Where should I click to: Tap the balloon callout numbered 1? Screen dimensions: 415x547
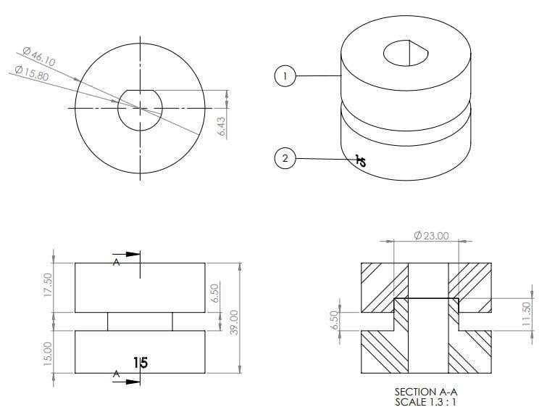(x=286, y=76)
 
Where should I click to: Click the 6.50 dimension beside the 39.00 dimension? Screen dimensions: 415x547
(x=214, y=293)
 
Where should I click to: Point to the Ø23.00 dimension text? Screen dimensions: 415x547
(x=431, y=235)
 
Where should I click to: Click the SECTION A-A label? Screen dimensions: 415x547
(x=425, y=393)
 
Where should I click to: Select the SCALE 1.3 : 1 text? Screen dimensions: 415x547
(x=425, y=402)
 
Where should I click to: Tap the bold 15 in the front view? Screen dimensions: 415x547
(x=141, y=362)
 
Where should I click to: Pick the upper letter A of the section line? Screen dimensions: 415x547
(x=116, y=263)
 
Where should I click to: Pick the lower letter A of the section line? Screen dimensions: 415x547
(x=116, y=374)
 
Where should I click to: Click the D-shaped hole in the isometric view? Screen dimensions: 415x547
(x=406, y=52)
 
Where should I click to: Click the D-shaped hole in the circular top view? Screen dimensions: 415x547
(x=140, y=110)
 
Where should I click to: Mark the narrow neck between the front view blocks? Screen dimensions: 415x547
(x=140, y=321)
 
